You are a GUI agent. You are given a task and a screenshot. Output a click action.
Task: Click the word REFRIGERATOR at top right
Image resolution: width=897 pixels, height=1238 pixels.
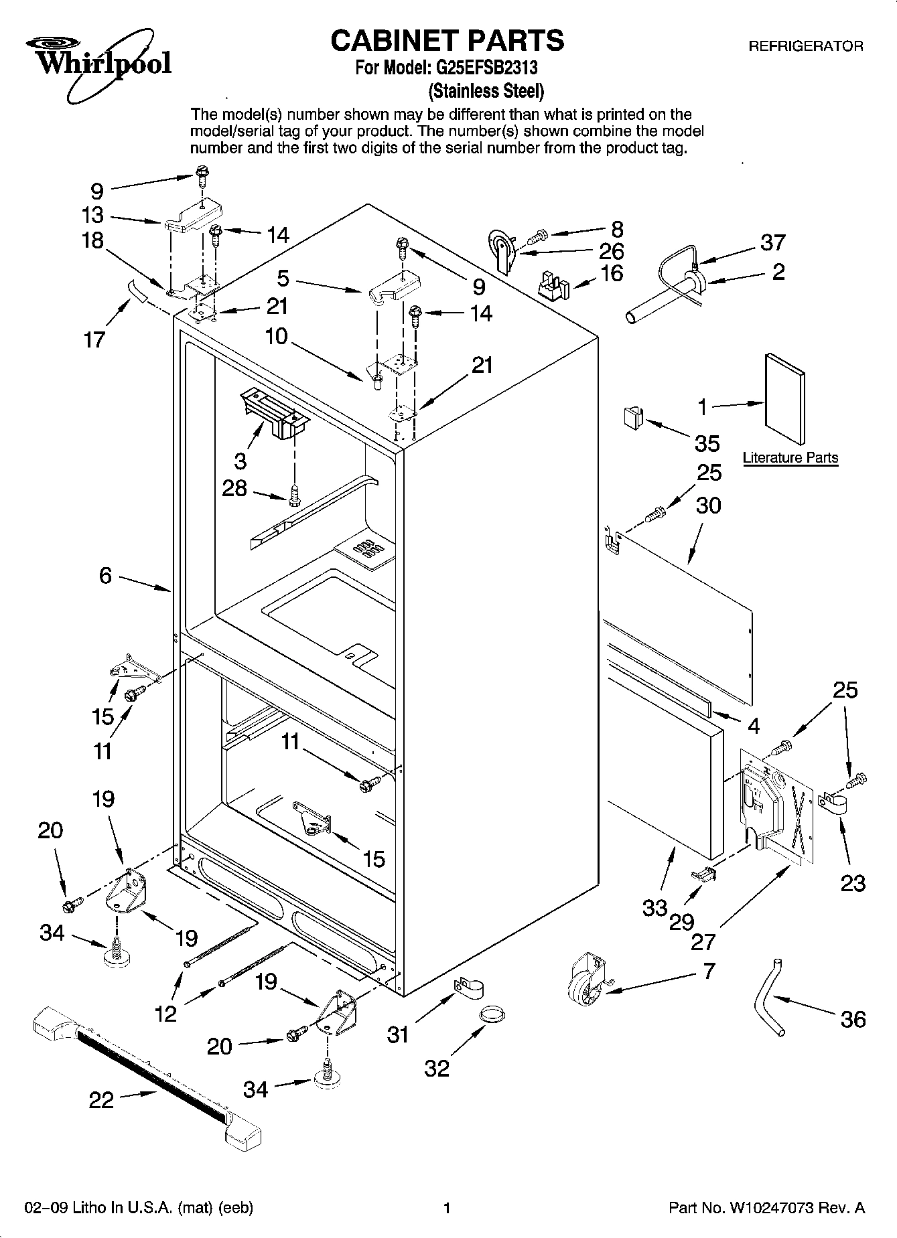pos(805,46)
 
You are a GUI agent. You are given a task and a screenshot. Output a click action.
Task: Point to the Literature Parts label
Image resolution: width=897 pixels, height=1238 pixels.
pos(790,458)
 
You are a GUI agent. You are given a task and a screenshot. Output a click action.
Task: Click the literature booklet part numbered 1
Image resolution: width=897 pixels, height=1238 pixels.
pos(784,398)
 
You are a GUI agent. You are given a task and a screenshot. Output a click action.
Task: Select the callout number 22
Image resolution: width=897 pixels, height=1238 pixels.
pos(101,1100)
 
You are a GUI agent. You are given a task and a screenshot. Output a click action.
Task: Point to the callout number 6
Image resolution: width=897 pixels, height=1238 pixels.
pos(105,576)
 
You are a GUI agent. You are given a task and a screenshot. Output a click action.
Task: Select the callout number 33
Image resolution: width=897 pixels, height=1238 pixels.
pos(654,908)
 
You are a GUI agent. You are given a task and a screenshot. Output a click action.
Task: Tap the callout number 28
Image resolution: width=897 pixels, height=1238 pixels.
pos(234,488)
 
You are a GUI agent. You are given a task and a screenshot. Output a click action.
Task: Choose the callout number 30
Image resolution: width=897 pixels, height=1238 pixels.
pos(708,504)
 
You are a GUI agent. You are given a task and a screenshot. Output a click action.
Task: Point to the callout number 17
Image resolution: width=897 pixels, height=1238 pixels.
pos(94,339)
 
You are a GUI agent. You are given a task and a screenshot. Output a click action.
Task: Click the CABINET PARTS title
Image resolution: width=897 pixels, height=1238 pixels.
pos(447,40)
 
